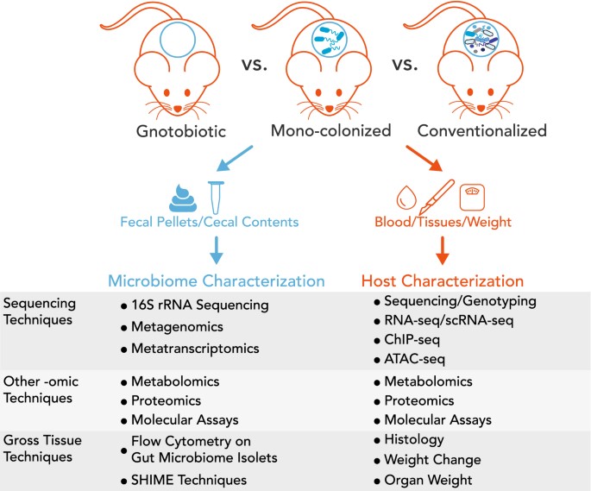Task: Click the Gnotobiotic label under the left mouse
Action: point(182,132)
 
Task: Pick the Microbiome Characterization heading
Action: point(216,280)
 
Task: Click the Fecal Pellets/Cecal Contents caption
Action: point(216,222)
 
